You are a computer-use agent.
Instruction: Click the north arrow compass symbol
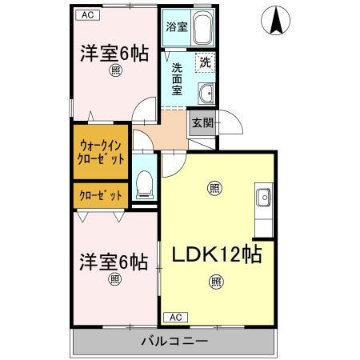(276, 21)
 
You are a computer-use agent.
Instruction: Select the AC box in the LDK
(174, 317)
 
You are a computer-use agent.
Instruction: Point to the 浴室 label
(176, 26)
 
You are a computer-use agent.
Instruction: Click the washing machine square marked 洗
(205, 62)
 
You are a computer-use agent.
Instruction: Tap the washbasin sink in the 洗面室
(206, 92)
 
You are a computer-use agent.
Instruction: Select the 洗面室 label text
(177, 78)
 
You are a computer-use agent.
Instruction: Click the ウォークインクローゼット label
(101, 152)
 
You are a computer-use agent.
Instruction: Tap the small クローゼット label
(101, 195)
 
